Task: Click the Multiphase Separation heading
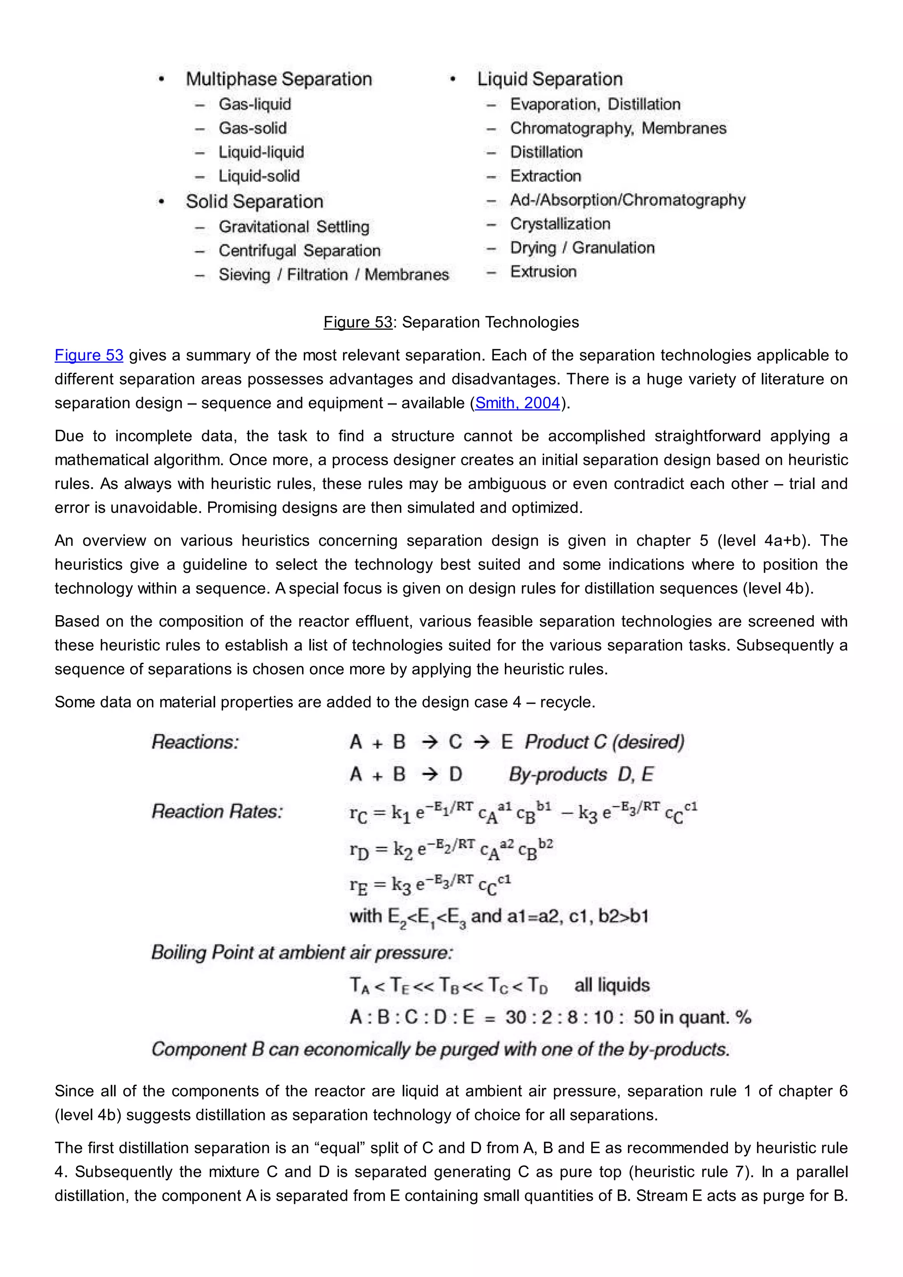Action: tap(279, 79)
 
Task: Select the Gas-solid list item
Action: tap(253, 128)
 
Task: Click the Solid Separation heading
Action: tap(254, 202)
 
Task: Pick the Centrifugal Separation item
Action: tap(299, 250)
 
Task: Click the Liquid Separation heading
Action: tap(549, 79)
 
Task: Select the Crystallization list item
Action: tap(560, 224)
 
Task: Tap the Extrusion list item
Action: tap(543, 272)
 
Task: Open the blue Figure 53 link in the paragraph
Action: tap(89, 355)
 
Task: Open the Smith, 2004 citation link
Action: tap(517, 403)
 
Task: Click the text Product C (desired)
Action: tap(604, 742)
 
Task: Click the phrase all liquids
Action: tap(612, 985)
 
